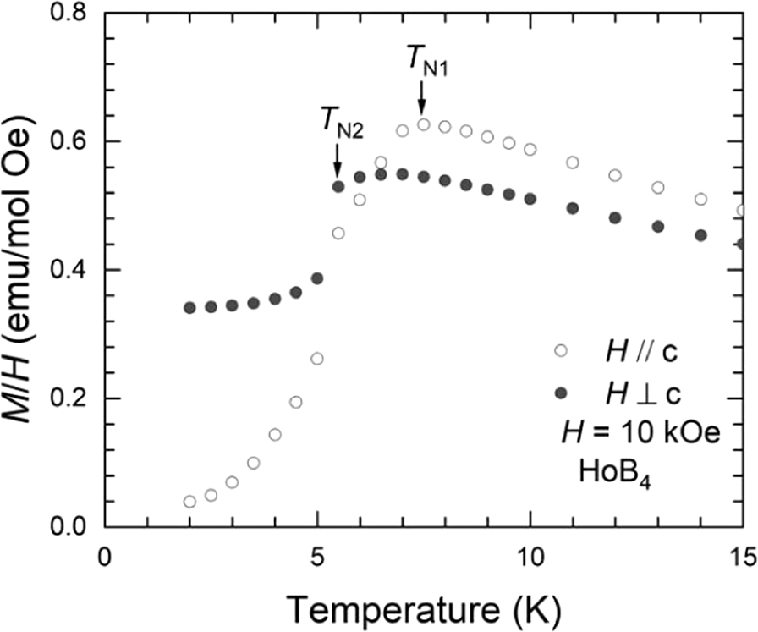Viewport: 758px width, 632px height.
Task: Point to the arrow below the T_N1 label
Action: click(421, 102)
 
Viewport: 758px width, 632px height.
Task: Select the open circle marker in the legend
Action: click(560, 351)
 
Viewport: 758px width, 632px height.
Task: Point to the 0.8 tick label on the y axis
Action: click(67, 13)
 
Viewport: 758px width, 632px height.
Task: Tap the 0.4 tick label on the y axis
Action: click(67, 270)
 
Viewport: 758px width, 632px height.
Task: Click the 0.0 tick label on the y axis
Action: click(67, 527)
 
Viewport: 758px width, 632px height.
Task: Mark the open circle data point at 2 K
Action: click(189, 502)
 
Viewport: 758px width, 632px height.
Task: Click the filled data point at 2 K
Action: click(189, 308)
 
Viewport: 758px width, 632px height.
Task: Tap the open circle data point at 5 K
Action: click(317, 359)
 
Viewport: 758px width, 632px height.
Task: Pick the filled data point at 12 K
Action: click(615, 217)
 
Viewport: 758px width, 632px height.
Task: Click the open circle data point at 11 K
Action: click(573, 162)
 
